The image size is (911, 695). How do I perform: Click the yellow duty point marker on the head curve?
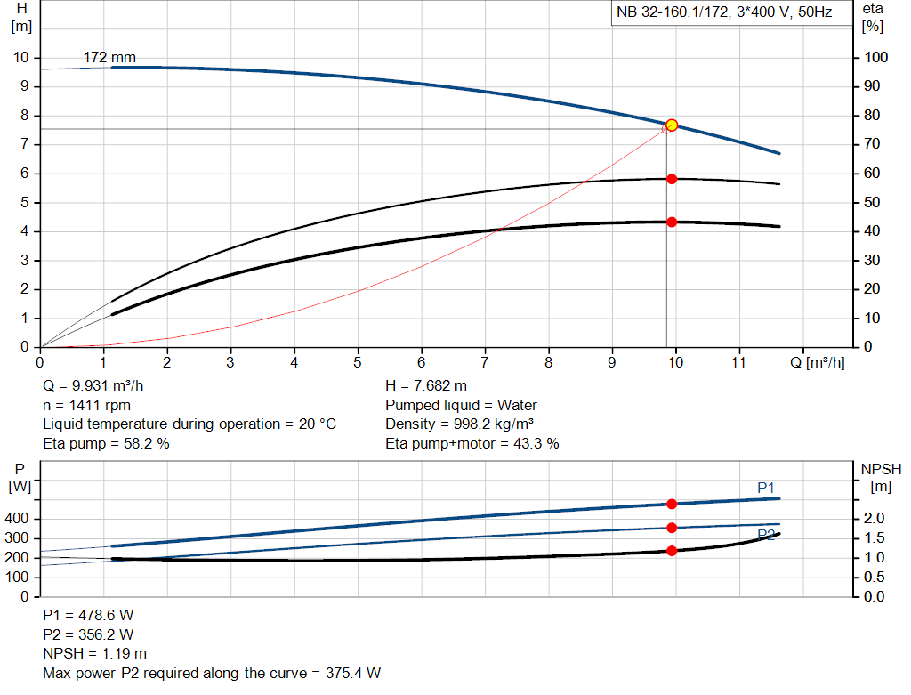click(x=672, y=125)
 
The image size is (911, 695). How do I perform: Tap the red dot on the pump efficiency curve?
click(x=672, y=179)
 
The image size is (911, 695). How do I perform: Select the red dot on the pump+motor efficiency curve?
click(x=672, y=222)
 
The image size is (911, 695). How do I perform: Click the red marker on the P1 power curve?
click(x=672, y=505)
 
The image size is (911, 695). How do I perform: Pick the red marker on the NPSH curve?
click(x=672, y=551)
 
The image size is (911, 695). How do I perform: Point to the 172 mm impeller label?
click(x=109, y=58)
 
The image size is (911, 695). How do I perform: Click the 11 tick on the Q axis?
click(x=739, y=363)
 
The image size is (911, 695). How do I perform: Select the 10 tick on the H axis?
click(x=21, y=58)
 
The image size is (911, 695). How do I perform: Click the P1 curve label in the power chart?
click(x=766, y=488)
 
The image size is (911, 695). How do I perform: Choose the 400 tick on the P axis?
click(x=18, y=519)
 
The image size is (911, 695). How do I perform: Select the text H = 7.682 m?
click(x=425, y=386)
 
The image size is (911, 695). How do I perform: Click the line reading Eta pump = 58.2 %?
click(x=106, y=443)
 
